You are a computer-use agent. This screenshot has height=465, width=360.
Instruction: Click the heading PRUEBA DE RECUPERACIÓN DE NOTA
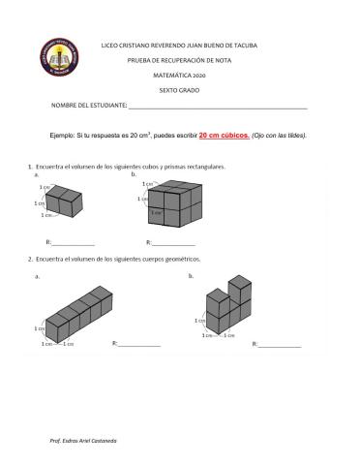click(x=180, y=60)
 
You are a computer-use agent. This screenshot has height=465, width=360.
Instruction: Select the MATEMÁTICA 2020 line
click(x=180, y=74)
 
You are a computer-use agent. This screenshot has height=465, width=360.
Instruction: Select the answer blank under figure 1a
click(x=74, y=243)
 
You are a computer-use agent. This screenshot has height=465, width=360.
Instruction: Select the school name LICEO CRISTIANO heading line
click(x=180, y=46)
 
